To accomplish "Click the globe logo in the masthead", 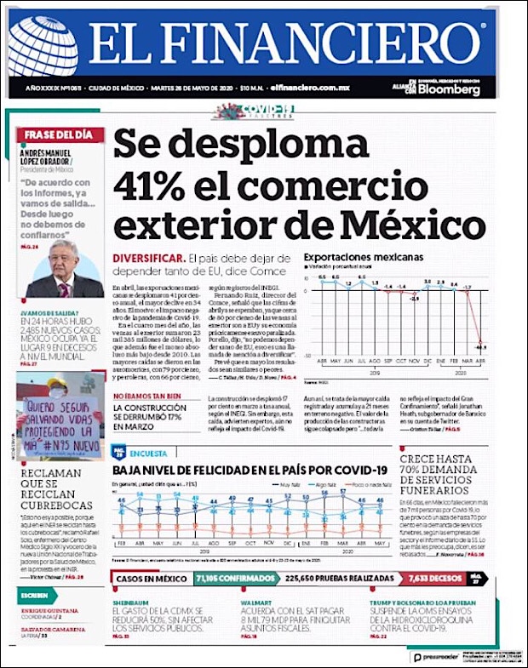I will click(x=43, y=46).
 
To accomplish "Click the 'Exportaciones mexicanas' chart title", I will click(x=364, y=257).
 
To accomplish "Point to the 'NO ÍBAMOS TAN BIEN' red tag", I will click(x=146, y=397).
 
